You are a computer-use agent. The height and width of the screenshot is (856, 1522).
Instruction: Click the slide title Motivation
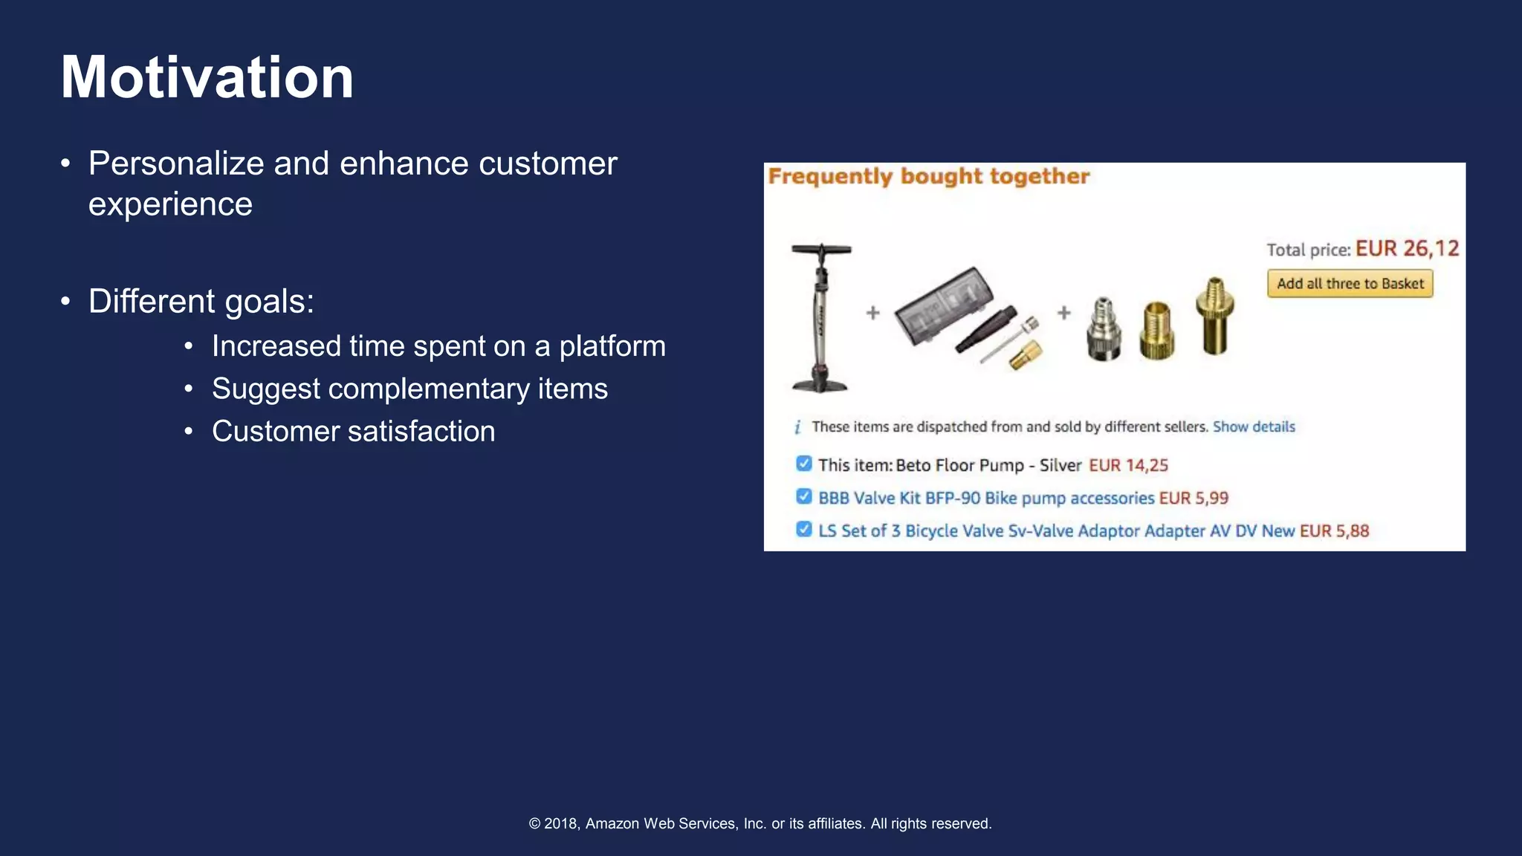coord(207,77)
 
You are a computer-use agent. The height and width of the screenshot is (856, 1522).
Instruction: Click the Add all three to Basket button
coord(1350,284)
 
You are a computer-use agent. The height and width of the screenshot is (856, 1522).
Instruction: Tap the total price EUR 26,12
coord(1407,248)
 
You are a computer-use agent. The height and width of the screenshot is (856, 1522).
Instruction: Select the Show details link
coord(1254,427)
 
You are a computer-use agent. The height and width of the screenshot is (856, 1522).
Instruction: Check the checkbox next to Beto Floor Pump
coord(803,464)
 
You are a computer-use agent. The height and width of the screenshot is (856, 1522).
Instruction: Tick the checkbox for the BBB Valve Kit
coord(803,496)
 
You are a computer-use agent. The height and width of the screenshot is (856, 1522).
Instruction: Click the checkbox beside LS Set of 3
coord(803,529)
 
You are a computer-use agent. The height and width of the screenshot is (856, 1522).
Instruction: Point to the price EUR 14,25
coord(1128,465)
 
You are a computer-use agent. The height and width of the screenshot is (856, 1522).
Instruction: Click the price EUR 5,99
coord(1194,498)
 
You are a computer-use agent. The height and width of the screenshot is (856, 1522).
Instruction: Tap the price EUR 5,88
coord(1334,531)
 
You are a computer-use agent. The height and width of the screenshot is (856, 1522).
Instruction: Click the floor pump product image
coord(820,317)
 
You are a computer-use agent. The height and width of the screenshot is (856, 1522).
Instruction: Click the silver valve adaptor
coord(1104,330)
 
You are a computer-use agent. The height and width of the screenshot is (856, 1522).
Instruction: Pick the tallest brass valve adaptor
coord(1214,316)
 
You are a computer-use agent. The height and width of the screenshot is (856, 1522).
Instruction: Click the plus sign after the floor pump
coord(873,313)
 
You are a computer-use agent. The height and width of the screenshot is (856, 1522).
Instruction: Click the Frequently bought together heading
coord(928,177)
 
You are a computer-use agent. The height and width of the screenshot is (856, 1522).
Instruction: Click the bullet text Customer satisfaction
coord(353,431)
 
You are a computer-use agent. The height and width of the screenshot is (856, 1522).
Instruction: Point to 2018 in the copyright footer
coord(560,823)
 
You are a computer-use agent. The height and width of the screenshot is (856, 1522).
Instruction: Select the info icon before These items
coord(797,427)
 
